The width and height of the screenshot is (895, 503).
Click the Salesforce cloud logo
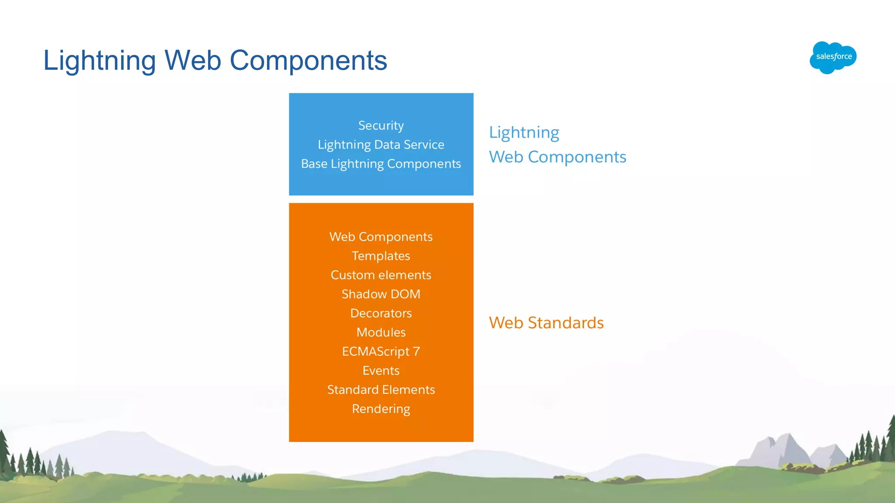[833, 57]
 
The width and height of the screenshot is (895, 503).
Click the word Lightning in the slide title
[100, 60]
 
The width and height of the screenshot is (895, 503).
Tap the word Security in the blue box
[381, 126]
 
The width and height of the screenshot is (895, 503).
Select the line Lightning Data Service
[381, 145]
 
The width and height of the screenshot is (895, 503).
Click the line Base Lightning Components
[381, 164]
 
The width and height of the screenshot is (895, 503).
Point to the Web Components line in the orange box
[381, 237]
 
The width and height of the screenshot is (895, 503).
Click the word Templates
[381, 256]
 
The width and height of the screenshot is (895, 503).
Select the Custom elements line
[381, 275]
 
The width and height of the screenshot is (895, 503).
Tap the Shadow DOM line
[381, 294]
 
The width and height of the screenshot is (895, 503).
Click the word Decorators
[381, 314]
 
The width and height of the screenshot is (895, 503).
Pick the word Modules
[381, 333]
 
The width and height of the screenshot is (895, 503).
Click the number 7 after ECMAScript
[416, 351]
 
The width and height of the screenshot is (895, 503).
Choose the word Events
[381, 371]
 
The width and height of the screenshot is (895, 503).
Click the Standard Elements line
[381, 390]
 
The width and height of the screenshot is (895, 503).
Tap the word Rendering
[381, 409]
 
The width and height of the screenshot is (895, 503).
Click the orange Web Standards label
[546, 323]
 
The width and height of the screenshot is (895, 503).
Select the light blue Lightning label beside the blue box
[524, 133]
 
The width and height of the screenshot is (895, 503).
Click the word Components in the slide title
[308, 60]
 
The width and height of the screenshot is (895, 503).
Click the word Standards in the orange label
[565, 323]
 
